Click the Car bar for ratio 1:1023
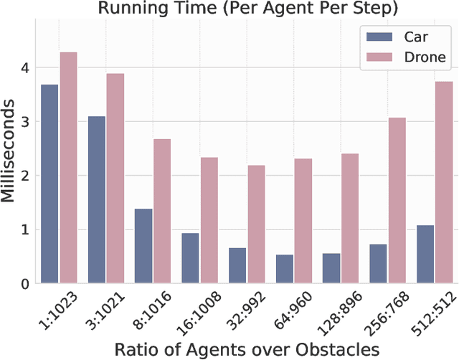coord(49,184)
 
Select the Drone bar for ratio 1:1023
coord(68,168)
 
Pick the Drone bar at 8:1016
coord(161,211)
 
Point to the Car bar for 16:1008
coord(190,258)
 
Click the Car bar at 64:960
coord(284,269)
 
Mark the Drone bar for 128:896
coord(350,218)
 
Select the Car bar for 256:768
coord(378,263)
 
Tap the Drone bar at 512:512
coord(444,182)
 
